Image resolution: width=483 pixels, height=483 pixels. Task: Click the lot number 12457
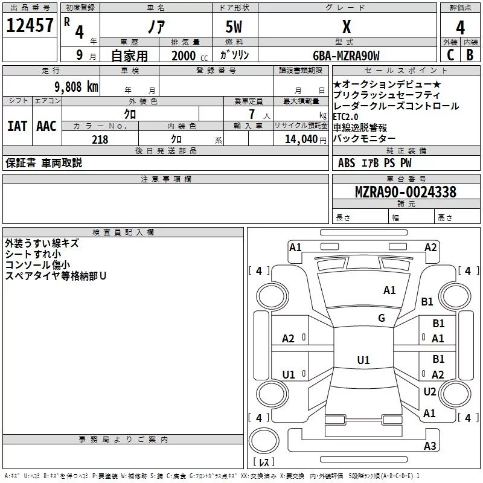pos(30,25)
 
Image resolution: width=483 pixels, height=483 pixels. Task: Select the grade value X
pos(346,27)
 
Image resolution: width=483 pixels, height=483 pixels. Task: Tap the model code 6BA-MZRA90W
pos(346,56)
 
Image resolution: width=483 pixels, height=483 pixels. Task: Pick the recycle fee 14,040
pos(304,139)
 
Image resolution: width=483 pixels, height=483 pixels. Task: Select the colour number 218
pos(100,139)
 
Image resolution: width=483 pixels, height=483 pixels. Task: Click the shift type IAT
pos(17,126)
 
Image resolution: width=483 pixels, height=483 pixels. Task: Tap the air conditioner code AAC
pos(46,126)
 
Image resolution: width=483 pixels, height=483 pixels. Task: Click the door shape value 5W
pos(235,27)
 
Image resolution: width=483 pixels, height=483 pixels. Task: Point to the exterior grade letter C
pos(450,55)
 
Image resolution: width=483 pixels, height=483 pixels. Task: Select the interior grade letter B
pos(470,55)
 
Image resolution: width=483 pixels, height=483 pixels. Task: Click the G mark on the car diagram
pos(382,318)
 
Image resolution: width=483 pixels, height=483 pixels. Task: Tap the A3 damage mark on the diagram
pos(430,446)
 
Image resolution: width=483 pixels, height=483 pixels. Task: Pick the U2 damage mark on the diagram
pos(430,392)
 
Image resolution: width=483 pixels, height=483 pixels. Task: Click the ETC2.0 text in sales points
pos(345,117)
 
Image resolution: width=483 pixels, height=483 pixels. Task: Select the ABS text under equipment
pos(347,163)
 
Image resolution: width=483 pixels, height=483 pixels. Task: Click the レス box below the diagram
pos(264,462)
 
